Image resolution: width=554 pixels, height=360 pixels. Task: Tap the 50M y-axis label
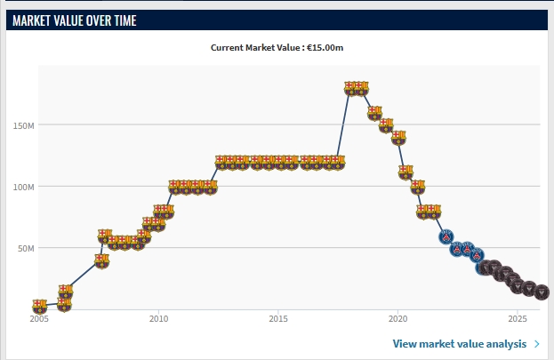point(24,249)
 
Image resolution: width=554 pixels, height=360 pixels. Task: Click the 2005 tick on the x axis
point(39,318)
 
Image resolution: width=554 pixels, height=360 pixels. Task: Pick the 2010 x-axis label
point(158,318)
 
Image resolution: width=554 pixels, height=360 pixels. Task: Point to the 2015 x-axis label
point(278,318)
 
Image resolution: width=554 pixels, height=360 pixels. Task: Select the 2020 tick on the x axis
point(397,318)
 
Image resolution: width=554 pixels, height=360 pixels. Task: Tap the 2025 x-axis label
point(517,318)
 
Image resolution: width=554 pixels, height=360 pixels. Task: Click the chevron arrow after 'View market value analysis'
point(536,344)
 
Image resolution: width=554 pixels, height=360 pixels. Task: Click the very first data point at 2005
point(39,306)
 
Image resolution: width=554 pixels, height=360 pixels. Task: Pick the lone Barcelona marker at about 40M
point(101,261)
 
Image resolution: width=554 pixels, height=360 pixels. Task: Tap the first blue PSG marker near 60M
point(446,236)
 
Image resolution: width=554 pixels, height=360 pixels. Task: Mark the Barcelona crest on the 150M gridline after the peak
point(386,125)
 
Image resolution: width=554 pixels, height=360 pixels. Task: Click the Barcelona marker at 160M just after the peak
point(374,113)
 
